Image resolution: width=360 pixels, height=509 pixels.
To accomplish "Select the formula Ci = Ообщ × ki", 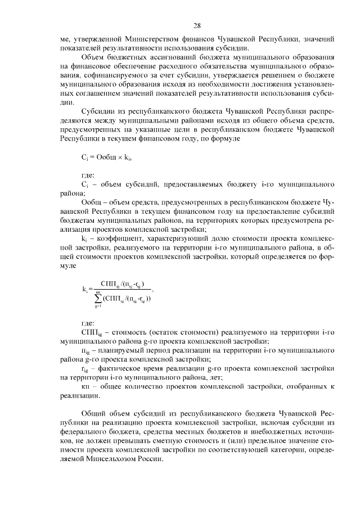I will [x=105, y=159].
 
